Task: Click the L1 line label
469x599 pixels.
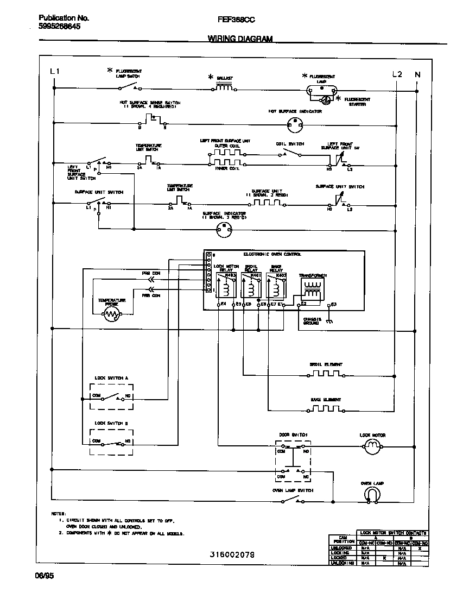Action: (55, 72)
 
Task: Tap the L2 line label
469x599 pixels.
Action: (397, 74)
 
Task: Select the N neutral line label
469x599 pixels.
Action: (417, 74)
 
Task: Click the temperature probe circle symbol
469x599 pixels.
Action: (112, 314)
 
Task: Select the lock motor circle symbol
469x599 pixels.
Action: (372, 447)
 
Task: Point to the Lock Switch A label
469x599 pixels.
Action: (112, 377)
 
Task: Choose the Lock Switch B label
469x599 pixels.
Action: (112, 423)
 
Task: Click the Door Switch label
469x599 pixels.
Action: (293, 435)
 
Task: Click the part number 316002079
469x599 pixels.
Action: (232, 554)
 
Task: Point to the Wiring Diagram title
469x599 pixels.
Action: (240, 39)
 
